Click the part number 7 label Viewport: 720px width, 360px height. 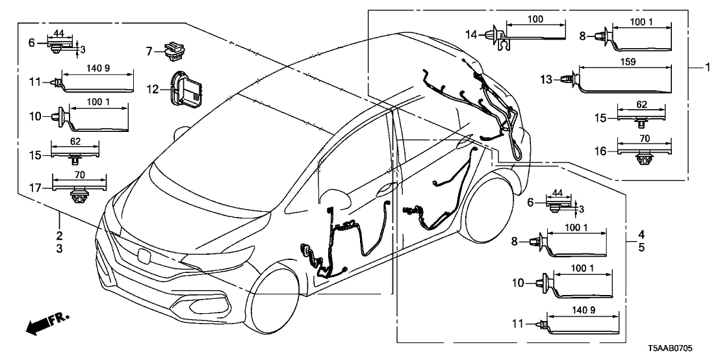pos(149,50)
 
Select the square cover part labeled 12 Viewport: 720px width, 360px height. pos(185,88)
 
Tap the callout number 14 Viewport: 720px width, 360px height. pos(471,33)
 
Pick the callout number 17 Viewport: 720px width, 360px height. pos(40,188)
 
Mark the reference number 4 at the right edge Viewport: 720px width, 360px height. pos(641,234)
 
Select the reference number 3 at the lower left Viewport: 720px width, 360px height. pos(60,249)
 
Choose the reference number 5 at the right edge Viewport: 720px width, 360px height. pos(641,247)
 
